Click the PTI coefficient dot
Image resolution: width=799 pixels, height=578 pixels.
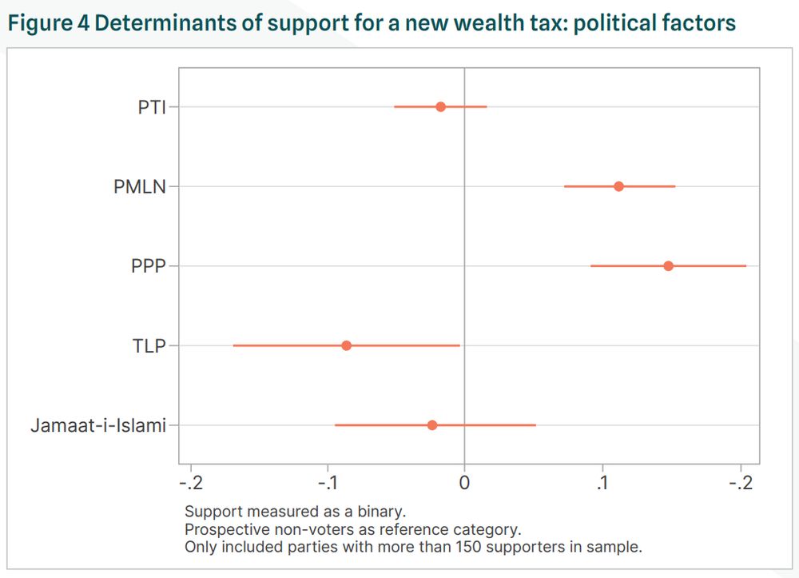pos(440,106)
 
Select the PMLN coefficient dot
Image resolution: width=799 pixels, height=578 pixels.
pos(618,186)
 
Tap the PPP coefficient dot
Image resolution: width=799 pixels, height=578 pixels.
pos(668,265)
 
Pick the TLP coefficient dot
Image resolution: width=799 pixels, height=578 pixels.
pos(346,345)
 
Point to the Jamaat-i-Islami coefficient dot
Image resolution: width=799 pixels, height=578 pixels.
pos(432,425)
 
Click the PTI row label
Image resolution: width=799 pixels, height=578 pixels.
pos(152,106)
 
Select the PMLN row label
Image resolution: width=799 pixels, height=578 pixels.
pos(140,186)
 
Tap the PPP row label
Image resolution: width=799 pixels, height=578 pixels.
pos(149,266)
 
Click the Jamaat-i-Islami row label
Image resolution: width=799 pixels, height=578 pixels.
pos(98,425)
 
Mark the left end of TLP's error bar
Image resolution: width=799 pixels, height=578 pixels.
pos(233,345)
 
